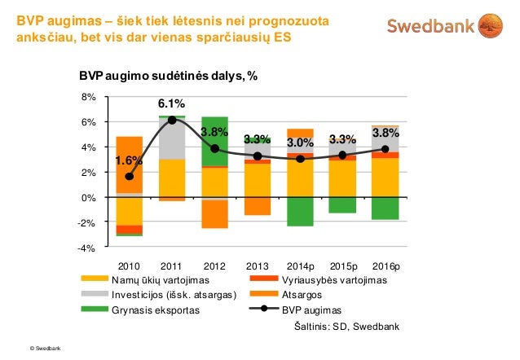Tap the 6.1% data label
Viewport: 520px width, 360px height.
pyautogui.click(x=171, y=104)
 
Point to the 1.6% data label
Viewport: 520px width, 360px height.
pyautogui.click(x=129, y=161)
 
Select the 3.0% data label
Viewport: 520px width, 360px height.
pyautogui.click(x=299, y=143)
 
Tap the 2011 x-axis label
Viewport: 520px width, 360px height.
pyautogui.click(x=171, y=266)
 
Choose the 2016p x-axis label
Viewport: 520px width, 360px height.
pyautogui.click(x=385, y=266)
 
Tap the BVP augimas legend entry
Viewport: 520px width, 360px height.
pyautogui.click(x=311, y=310)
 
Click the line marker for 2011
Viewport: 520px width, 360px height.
pyautogui.click(x=172, y=120)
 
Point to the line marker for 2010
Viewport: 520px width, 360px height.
pyautogui.click(x=130, y=176)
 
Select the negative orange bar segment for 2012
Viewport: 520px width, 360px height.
pyautogui.click(x=214, y=214)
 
